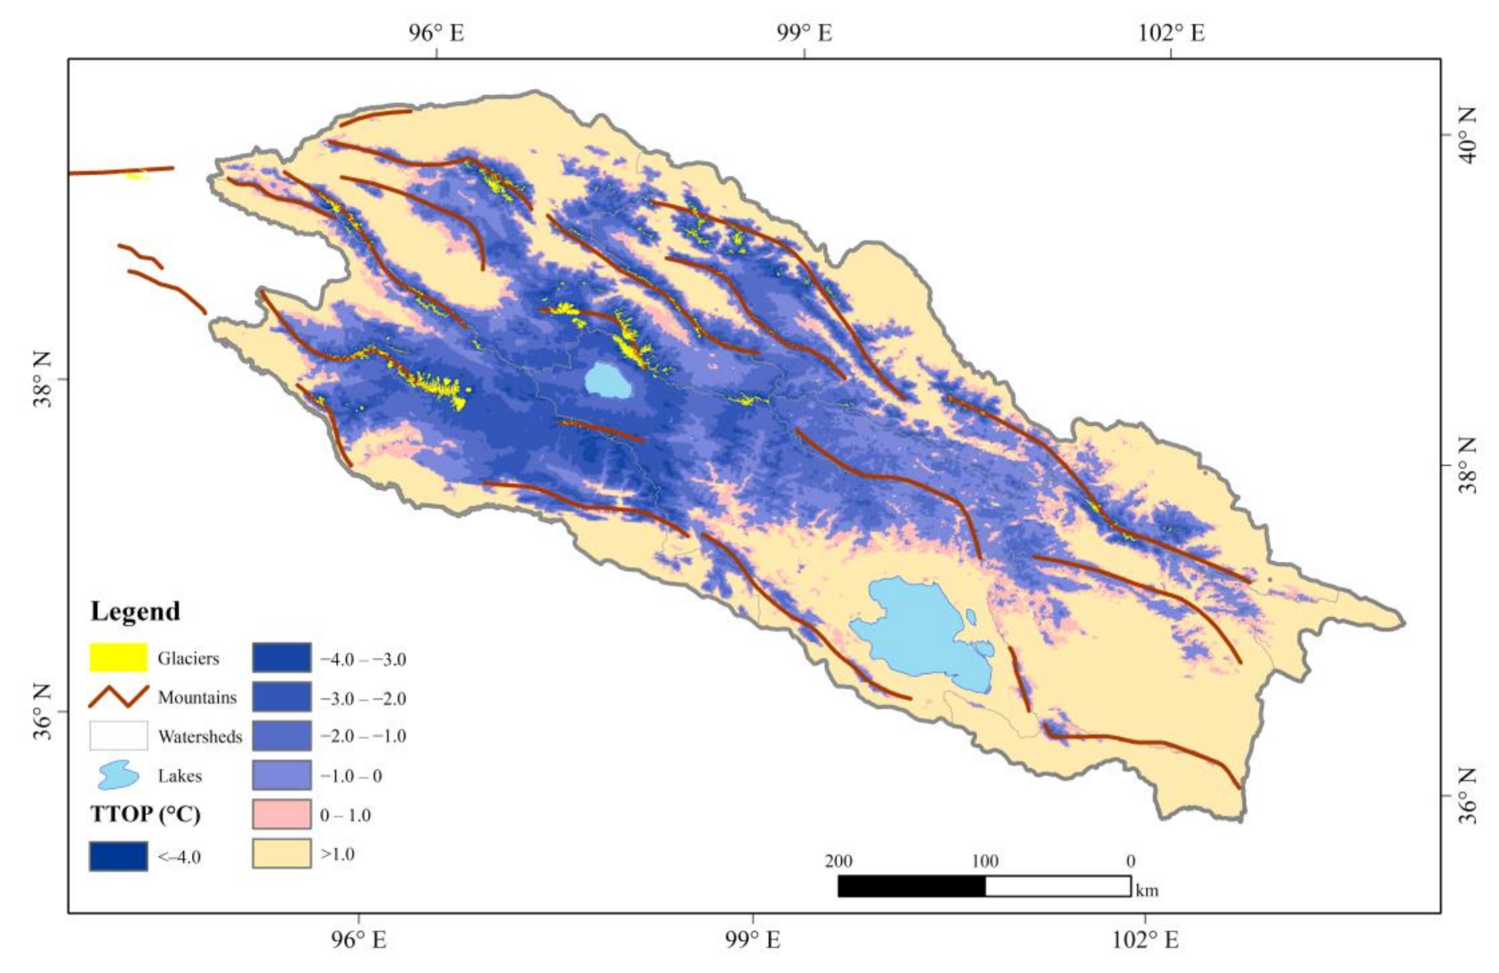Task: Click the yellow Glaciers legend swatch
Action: [118, 657]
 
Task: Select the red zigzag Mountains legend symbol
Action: [118, 696]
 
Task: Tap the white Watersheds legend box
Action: [118, 736]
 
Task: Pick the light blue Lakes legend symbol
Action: [118, 775]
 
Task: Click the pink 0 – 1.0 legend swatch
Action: [282, 814]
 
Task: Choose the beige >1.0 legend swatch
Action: [282, 853]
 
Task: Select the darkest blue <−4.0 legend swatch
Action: [118, 856]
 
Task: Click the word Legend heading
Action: [135, 611]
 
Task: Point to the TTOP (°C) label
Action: [145, 814]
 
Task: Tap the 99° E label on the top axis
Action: [804, 33]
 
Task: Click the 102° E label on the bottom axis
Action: [1145, 940]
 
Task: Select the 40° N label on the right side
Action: [1468, 135]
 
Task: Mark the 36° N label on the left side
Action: [43, 712]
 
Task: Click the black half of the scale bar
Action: [911, 886]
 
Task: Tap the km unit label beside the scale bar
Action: [1147, 890]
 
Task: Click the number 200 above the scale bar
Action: [838, 861]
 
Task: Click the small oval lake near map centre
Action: [609, 381]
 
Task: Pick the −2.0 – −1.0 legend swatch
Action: [282, 736]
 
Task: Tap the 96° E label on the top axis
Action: [436, 33]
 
